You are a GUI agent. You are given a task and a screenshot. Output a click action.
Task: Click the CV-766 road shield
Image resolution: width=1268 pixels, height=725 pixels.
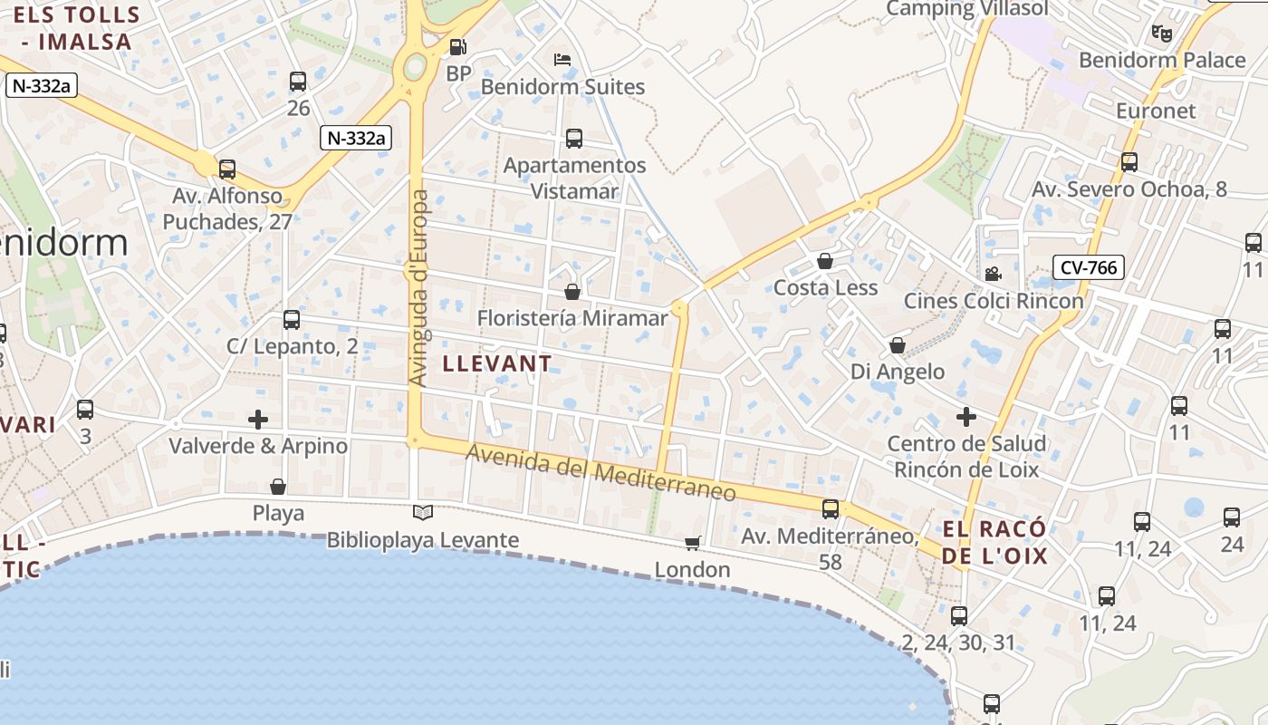tap(1089, 267)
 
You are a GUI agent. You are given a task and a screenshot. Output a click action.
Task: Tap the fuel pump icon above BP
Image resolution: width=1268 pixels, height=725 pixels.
tap(458, 47)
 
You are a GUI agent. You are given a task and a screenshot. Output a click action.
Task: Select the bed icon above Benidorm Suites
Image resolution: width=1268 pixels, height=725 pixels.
tap(562, 61)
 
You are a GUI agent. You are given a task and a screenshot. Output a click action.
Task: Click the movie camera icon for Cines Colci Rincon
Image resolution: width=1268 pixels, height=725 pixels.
tap(994, 274)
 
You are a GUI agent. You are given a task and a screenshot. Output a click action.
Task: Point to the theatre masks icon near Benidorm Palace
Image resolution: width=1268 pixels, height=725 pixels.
tap(1162, 34)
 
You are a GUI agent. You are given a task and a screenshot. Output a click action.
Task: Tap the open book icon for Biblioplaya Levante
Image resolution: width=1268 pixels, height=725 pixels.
tap(423, 512)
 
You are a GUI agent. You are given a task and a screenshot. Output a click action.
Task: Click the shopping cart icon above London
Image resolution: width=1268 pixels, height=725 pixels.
tap(693, 543)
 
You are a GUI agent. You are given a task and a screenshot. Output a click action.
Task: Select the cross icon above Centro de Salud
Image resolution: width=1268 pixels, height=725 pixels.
tap(966, 417)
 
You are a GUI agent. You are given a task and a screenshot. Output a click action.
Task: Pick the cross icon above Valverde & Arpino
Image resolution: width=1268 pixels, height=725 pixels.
tap(258, 420)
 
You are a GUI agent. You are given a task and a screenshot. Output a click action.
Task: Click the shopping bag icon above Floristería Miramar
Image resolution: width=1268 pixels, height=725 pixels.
tap(572, 292)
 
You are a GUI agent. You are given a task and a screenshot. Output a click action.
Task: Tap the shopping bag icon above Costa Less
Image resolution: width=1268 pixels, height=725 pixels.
tap(825, 262)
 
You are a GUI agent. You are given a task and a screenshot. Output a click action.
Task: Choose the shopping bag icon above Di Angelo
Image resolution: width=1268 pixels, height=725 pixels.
tap(898, 345)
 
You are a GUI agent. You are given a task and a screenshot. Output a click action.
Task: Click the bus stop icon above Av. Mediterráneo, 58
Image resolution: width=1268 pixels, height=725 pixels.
tap(831, 509)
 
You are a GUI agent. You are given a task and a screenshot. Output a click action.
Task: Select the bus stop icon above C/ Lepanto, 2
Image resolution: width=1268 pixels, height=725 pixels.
tap(292, 320)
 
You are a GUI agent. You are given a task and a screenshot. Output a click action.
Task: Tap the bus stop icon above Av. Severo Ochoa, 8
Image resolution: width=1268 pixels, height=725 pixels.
tap(1129, 162)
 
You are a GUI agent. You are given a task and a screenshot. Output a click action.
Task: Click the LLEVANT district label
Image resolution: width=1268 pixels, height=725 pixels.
tap(497, 364)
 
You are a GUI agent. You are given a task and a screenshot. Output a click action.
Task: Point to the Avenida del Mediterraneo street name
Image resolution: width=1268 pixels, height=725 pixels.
tap(600, 471)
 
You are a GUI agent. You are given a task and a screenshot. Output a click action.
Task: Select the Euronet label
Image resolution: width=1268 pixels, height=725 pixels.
tap(1156, 111)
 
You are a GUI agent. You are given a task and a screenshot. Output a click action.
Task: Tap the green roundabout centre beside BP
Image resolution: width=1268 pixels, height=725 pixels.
tap(416, 65)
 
